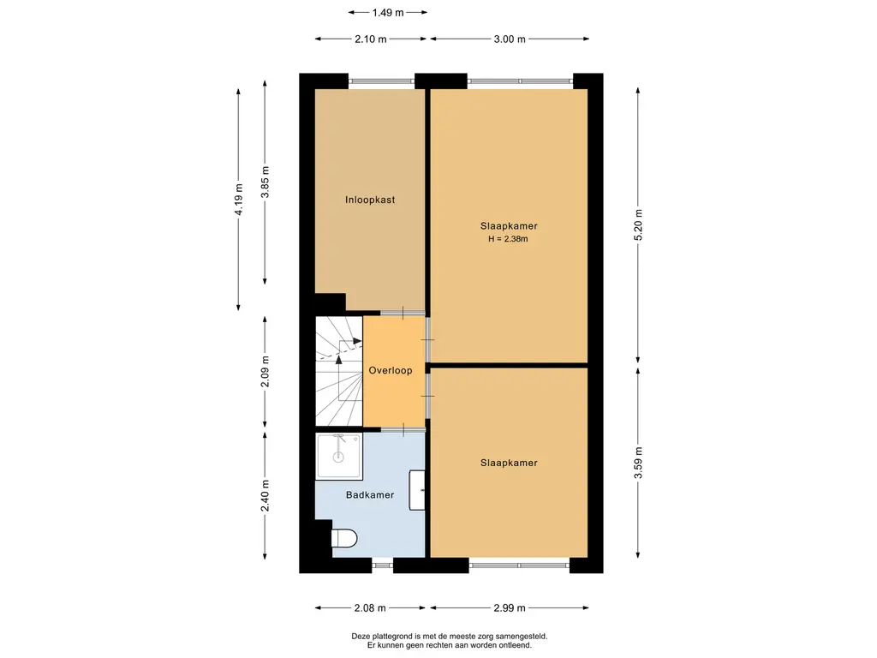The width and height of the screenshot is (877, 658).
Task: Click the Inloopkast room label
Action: pos(370,200)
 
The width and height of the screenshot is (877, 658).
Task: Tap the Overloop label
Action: pos(391,370)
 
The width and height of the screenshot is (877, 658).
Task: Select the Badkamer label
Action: pos(370,494)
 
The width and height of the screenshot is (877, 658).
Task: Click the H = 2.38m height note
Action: pos(508,239)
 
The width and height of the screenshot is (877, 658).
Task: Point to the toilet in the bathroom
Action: pos(344,538)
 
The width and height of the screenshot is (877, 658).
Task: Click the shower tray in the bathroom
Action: pos(339,456)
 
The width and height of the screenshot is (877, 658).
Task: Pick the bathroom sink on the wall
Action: pos(417,490)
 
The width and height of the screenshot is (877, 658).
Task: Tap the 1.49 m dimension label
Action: pos(388,12)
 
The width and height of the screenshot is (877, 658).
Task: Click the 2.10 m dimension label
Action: pos(370,39)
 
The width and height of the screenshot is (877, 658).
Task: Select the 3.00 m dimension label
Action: pos(510,39)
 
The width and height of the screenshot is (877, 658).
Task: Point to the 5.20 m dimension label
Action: pos(638,225)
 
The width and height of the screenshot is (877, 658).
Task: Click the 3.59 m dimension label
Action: pos(638,463)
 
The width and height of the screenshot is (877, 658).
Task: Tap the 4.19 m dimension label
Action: pos(239,200)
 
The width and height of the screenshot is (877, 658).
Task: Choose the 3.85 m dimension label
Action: pos(265,182)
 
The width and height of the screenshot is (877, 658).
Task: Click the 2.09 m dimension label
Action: pos(265,372)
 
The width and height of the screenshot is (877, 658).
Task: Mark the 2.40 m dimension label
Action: pos(265,495)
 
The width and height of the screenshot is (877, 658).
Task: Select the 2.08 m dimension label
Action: pos(370,608)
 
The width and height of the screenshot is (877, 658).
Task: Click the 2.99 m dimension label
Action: pos(509,608)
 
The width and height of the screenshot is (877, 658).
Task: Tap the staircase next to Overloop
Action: pos(339,372)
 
